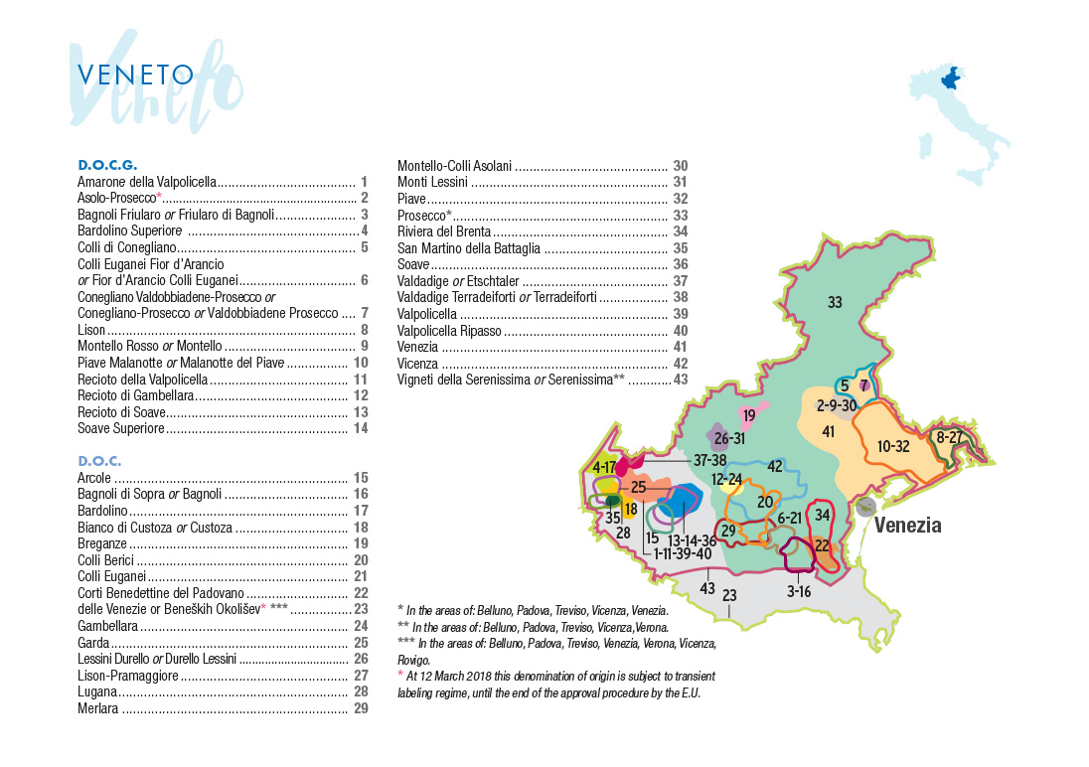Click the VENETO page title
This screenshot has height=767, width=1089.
tap(135, 76)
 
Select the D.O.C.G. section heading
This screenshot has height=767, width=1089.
tap(106, 165)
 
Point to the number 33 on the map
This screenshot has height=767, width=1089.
tap(835, 302)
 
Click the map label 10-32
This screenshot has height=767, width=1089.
tap(893, 446)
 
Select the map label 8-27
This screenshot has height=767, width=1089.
tap(949, 437)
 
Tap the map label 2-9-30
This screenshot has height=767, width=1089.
tap(837, 405)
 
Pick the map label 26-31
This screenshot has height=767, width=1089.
tap(729, 438)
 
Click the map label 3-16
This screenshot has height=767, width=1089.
tap(799, 591)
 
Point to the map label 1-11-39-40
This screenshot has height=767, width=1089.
tap(683, 553)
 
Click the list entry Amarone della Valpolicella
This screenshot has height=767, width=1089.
tap(147, 182)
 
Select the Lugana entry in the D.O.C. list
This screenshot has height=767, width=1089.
tap(99, 691)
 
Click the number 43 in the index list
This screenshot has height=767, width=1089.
tap(680, 380)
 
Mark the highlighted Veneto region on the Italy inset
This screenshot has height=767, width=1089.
tap(952, 77)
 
